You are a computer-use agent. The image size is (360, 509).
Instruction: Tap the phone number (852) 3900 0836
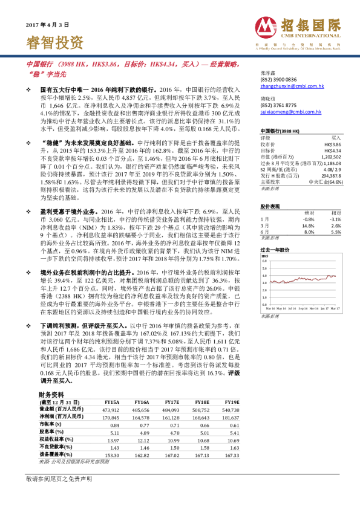(278, 79)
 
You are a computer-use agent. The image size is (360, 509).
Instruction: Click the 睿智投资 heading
(55, 42)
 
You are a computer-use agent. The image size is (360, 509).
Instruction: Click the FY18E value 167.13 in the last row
(202, 470)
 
